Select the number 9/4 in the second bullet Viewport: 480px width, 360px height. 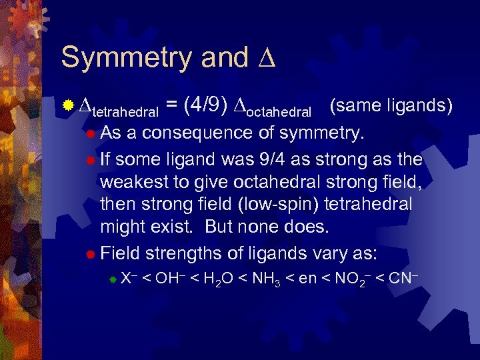pyautogui.click(x=271, y=161)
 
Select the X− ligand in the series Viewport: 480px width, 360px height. pyautogui.click(x=128, y=278)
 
